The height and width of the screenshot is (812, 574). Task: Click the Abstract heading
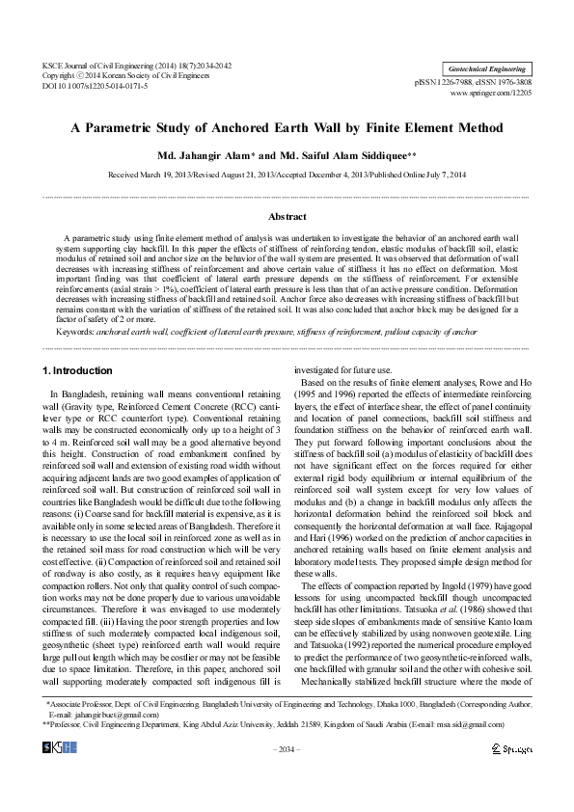click(287, 218)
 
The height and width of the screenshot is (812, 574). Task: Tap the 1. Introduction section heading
click(78, 370)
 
